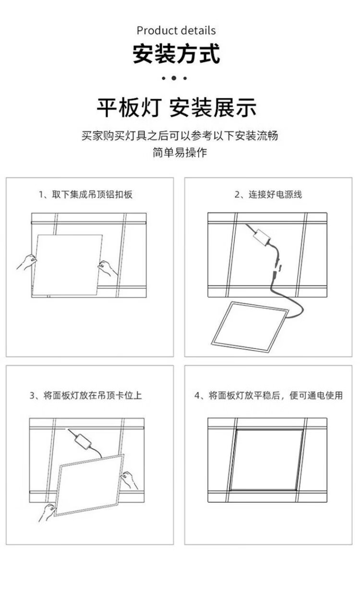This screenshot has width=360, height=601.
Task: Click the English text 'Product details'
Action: pyautogui.click(x=176, y=31)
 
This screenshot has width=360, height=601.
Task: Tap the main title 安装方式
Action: pyautogui.click(x=176, y=54)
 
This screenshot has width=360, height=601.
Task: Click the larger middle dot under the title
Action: pyautogui.click(x=174, y=78)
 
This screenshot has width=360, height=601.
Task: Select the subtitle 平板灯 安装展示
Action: pyautogui.click(x=176, y=108)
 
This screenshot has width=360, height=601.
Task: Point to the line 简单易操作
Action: pyautogui.click(x=180, y=153)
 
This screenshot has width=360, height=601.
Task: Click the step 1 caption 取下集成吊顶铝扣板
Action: pyautogui.click(x=85, y=195)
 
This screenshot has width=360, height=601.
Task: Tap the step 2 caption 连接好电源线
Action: pyautogui.click(x=268, y=195)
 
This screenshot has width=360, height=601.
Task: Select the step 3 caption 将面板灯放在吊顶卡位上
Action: pyautogui.click(x=85, y=396)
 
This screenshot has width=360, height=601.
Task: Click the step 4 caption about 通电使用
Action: pyautogui.click(x=268, y=396)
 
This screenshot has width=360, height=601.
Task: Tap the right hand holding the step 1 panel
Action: pyautogui.click(x=108, y=268)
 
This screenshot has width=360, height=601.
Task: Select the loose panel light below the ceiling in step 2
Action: pyautogui.click(x=250, y=326)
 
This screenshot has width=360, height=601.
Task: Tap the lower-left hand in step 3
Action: pyautogui.click(x=47, y=512)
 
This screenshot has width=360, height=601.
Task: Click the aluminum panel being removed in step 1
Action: pyautogui.click(x=67, y=265)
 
